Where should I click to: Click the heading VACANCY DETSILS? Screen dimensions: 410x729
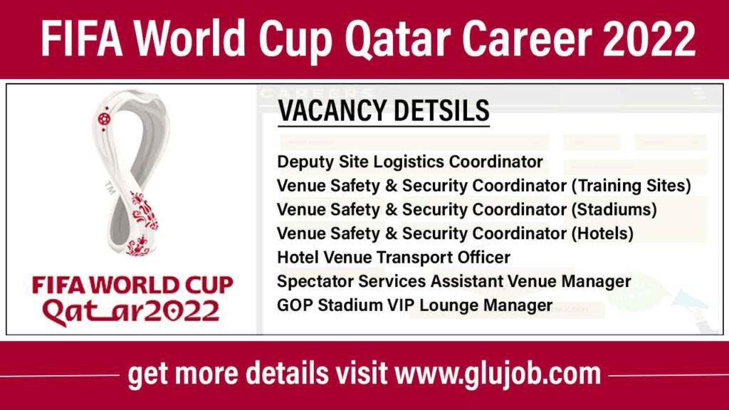tap(383, 112)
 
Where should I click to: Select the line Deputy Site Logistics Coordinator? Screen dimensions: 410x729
tap(410, 162)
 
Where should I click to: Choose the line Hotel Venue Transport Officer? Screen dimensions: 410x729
tap(394, 257)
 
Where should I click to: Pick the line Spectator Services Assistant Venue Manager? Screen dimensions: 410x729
tap(453, 281)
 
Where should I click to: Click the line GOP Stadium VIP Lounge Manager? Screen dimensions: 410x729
tap(415, 305)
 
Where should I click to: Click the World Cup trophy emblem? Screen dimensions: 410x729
tap(132, 171)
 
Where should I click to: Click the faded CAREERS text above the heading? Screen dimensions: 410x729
tap(317, 93)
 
